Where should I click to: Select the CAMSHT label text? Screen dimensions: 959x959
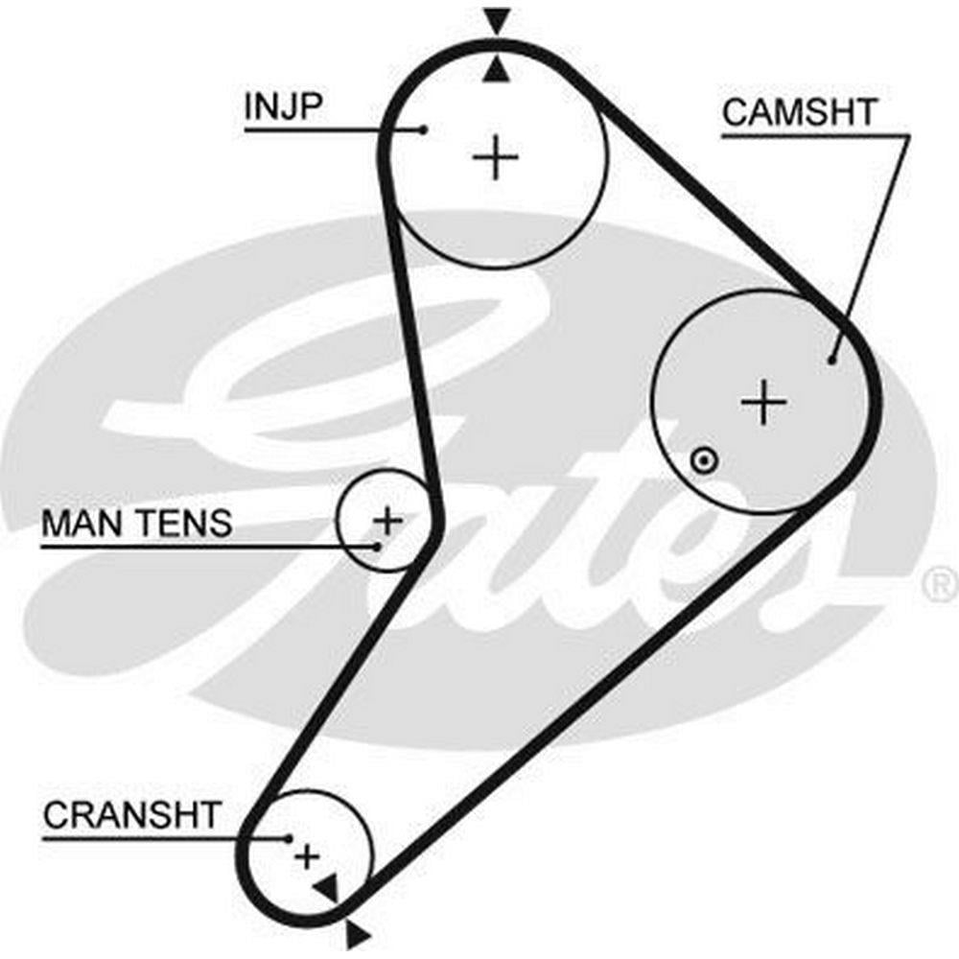pyautogui.click(x=798, y=113)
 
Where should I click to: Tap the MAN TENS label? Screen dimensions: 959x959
pyautogui.click(x=136, y=524)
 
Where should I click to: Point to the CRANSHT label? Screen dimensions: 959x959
pyautogui.click(x=131, y=815)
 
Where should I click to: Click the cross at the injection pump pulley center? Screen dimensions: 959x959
pyautogui.click(x=496, y=157)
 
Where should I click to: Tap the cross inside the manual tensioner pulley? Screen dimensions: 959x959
pyautogui.click(x=388, y=521)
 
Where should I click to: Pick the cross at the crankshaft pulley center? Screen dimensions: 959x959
pyautogui.click(x=307, y=855)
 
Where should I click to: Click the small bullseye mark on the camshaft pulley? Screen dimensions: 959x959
pyautogui.click(x=705, y=460)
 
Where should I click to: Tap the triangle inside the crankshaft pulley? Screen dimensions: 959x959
pyautogui.click(x=328, y=887)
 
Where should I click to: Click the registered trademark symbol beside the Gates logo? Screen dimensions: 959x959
pyautogui.click(x=939, y=582)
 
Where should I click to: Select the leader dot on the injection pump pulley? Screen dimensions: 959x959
pyautogui.click(x=424, y=129)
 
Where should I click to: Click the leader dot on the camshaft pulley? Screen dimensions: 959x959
pyautogui.click(x=831, y=361)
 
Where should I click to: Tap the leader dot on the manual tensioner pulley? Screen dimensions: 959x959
pyautogui.click(x=378, y=547)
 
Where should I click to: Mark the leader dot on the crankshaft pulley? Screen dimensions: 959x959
pyautogui.click(x=289, y=838)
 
